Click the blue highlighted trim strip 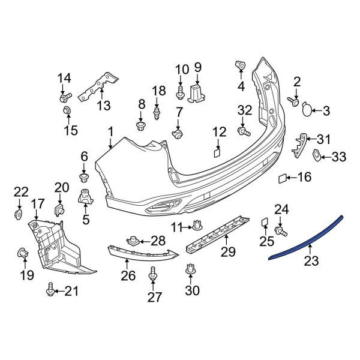pyautogui.click(x=306, y=237)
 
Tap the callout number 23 pyautogui.click(x=311, y=261)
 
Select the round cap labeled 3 pyautogui.click(x=307, y=109)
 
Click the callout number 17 pyautogui.click(x=38, y=204)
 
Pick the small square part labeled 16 pyautogui.click(x=282, y=178)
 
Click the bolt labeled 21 pyautogui.click(x=50, y=291)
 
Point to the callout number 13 pyautogui.click(x=104, y=106)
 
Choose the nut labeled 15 pyautogui.click(x=67, y=111)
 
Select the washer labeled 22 pyautogui.click(x=18, y=214)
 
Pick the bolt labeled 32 pyautogui.click(x=242, y=130)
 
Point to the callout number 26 pyautogui.click(x=128, y=276)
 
